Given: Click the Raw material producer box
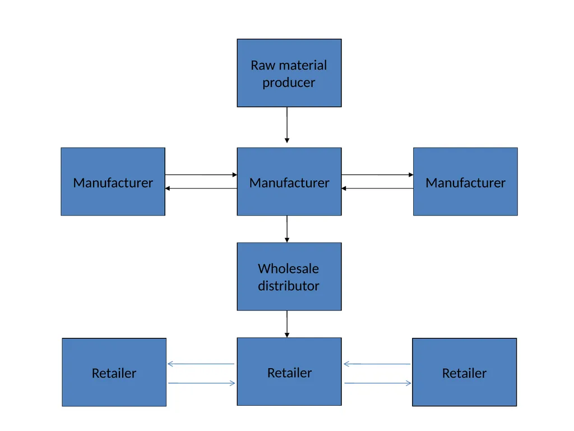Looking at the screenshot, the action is click(289, 73).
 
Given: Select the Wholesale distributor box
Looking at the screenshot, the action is click(289, 277).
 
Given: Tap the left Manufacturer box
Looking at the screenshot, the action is click(113, 182).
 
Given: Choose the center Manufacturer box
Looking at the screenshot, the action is click(289, 182).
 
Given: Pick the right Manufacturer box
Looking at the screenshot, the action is click(465, 182).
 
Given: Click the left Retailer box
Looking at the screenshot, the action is click(114, 372).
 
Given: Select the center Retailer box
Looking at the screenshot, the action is click(289, 372).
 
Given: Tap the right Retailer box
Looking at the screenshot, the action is click(465, 372).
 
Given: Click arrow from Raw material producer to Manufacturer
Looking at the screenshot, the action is click(287, 125).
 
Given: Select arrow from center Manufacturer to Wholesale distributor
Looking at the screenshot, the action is click(287, 229).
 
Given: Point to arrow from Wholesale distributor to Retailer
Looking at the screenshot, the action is click(287, 324).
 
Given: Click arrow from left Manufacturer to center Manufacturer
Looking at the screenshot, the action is click(201, 175).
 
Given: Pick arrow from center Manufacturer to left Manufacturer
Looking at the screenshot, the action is click(201, 189).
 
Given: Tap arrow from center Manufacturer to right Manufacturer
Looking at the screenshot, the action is click(377, 175).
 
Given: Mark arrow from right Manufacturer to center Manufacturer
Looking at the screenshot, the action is click(377, 189).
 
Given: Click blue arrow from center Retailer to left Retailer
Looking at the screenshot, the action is click(201, 364).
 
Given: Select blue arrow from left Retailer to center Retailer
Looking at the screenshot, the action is click(202, 383).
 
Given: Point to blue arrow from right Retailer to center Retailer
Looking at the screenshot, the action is click(377, 364).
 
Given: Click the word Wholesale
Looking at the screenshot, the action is click(289, 269).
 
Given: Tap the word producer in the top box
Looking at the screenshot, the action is click(289, 83).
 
